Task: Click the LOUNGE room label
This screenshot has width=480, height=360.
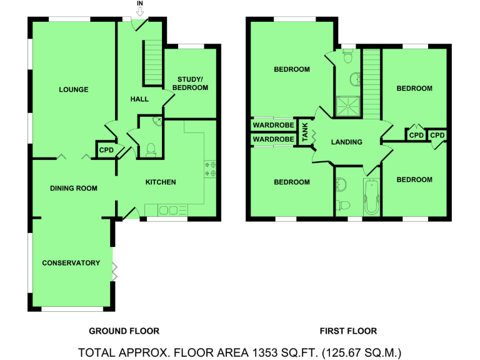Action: pyautogui.click(x=74, y=90)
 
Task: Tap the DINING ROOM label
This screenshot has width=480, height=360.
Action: pyautogui.click(x=74, y=187)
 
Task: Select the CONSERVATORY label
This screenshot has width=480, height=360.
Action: pyautogui.click(x=71, y=263)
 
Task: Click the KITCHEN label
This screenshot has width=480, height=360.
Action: pyautogui.click(x=161, y=182)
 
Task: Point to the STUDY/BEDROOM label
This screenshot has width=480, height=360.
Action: pyautogui.click(x=192, y=83)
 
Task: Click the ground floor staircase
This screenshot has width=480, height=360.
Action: pyautogui.click(x=153, y=62)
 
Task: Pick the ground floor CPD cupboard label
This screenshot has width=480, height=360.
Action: pyautogui.click(x=106, y=150)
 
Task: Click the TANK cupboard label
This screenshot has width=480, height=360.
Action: pyautogui.click(x=304, y=132)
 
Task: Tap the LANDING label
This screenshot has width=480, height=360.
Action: pyautogui.click(x=347, y=142)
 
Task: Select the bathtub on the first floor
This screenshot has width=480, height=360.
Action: pyautogui.click(x=371, y=196)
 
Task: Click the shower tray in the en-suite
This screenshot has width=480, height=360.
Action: pyautogui.click(x=346, y=107)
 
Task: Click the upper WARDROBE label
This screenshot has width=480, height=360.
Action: pyautogui.click(x=273, y=125)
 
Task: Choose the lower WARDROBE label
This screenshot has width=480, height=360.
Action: pyautogui.click(x=273, y=139)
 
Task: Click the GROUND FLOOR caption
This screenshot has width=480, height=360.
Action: pyautogui.click(x=124, y=331)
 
